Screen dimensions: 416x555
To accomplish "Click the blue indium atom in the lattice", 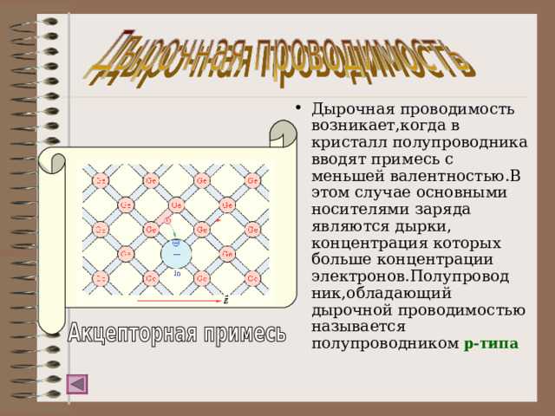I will coord(177,254).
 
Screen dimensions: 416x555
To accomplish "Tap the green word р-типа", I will coord(491,343).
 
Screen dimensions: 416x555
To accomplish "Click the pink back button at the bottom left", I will coord(77,383).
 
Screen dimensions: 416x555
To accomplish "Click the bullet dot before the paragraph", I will coord(298,109).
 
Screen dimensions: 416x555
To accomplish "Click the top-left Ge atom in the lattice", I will coord(101,180).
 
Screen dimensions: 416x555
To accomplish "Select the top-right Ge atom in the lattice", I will coord(252,180).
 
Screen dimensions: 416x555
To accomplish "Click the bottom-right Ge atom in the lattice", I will coord(252,279).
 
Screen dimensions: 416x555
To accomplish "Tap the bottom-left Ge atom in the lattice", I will coord(101,279).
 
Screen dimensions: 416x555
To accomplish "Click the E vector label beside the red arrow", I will coord(226,301).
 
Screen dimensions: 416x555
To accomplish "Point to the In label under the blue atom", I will coord(177,273).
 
